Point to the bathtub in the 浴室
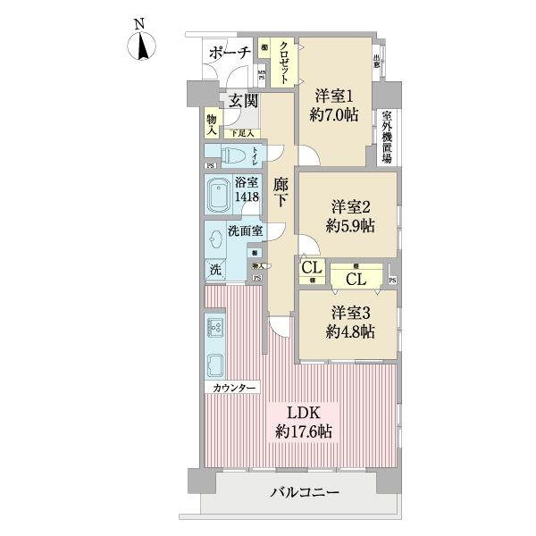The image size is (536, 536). (x=221, y=196)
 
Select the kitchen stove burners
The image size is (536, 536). (x=215, y=326)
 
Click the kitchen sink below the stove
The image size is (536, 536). (x=215, y=365)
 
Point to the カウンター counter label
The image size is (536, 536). (x=235, y=388)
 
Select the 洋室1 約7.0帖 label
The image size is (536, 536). (x=334, y=103)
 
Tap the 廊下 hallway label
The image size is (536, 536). (x=281, y=192)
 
